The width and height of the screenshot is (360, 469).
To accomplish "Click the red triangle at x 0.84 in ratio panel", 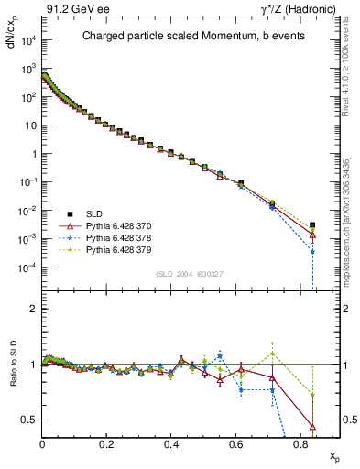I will [x=313, y=426].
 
